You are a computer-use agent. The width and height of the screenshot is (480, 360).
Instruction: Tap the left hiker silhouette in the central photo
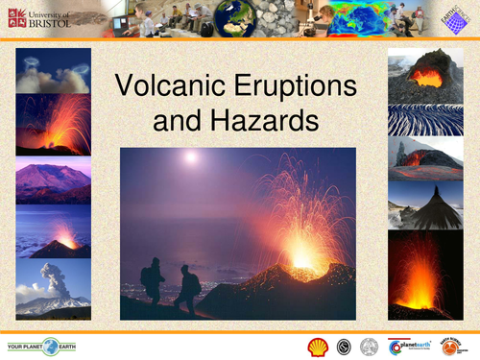(153, 279)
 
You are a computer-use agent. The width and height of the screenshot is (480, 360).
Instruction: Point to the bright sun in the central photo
(190, 156)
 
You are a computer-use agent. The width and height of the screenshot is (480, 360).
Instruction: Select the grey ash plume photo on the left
(54, 288)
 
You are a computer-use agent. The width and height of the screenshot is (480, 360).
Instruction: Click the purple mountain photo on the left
(54, 181)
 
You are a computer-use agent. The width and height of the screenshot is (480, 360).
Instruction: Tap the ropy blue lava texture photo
(425, 120)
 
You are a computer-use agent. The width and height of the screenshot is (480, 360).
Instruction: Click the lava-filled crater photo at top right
(425, 78)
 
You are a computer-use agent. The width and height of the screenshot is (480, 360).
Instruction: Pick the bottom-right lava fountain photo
(420, 275)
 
